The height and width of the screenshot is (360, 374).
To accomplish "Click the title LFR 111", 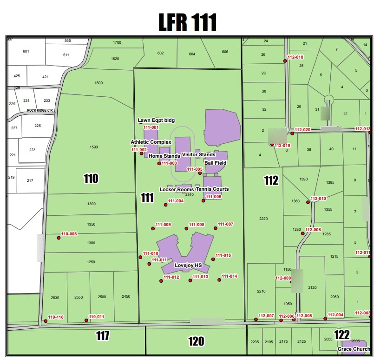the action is pyautogui.click(x=187, y=22).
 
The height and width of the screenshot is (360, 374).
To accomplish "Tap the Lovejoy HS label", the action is pyautogui.click(x=188, y=265).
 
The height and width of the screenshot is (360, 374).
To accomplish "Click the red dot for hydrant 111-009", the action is pyautogui.click(x=153, y=228).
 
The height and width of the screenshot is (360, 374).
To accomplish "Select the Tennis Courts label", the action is pyautogui.click(x=212, y=189).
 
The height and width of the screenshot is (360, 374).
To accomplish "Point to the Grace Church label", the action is pyautogui.click(x=354, y=349).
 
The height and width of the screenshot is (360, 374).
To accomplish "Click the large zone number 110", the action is pyautogui.click(x=91, y=178).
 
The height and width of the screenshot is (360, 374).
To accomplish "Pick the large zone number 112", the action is pyautogui.click(x=271, y=180).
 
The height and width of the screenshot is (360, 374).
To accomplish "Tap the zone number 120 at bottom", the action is pyautogui.click(x=196, y=341).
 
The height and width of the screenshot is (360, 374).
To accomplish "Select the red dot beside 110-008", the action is pyautogui.click(x=59, y=238).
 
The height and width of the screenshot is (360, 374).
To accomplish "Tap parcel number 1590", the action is pyautogui.click(x=93, y=147).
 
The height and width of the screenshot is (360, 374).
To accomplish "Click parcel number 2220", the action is pyautogui.click(x=263, y=219).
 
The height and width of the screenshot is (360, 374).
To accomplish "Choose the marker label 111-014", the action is pyautogui.click(x=230, y=276).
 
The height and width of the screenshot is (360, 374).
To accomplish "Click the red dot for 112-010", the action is pyautogui.click(x=308, y=202).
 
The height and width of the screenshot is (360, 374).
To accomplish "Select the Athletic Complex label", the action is pyautogui.click(x=151, y=142).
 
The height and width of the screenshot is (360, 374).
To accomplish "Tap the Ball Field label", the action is pyautogui.click(x=216, y=163).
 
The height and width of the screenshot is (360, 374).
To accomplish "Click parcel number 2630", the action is pyautogui.click(x=55, y=297).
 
